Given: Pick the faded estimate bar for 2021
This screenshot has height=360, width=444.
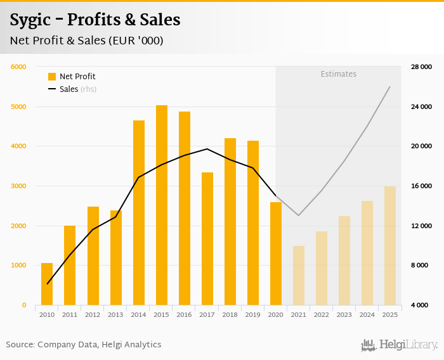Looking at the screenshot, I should point(299,275).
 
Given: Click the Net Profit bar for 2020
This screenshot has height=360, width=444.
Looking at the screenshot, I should point(276,254).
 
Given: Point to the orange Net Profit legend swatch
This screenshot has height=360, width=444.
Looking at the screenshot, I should point(52,77).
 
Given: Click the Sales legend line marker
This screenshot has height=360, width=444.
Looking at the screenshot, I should point(52,89).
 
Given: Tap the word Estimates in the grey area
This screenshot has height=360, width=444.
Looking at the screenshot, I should point(338,74).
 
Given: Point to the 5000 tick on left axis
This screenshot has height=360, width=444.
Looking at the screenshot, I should point(18,106).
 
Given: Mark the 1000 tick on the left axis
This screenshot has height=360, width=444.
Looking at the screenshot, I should point(18,266).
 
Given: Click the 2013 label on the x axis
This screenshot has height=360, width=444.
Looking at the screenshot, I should point(116,314).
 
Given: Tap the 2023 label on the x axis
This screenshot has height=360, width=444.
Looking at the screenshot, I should point(344,314).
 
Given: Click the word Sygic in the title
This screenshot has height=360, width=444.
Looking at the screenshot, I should point(31,20).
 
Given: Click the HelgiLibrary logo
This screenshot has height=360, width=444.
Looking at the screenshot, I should point(400,345).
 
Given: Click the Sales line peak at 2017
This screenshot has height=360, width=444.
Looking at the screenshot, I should point(207,149).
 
